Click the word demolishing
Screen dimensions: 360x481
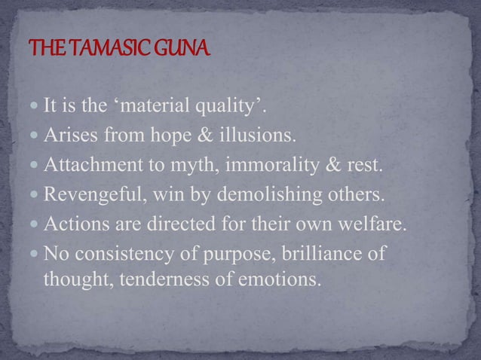tap(262, 197)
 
